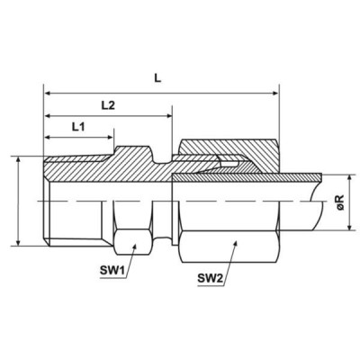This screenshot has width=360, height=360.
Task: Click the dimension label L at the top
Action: tap(157, 78)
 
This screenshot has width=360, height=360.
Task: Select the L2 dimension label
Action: tap(108, 105)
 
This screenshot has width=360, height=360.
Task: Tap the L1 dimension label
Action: tap(78, 127)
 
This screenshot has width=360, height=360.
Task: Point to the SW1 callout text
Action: tap(112, 271)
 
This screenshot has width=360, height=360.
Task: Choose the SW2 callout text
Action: tap(210, 279)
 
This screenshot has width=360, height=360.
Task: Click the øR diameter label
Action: tap(341, 202)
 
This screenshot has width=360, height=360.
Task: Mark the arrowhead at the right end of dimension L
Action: tap(275, 94)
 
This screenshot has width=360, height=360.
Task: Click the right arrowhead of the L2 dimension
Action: tap(168, 115)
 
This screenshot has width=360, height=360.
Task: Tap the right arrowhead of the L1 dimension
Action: tap(110, 138)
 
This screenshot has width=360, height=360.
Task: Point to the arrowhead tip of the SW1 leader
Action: tap(136, 245)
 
